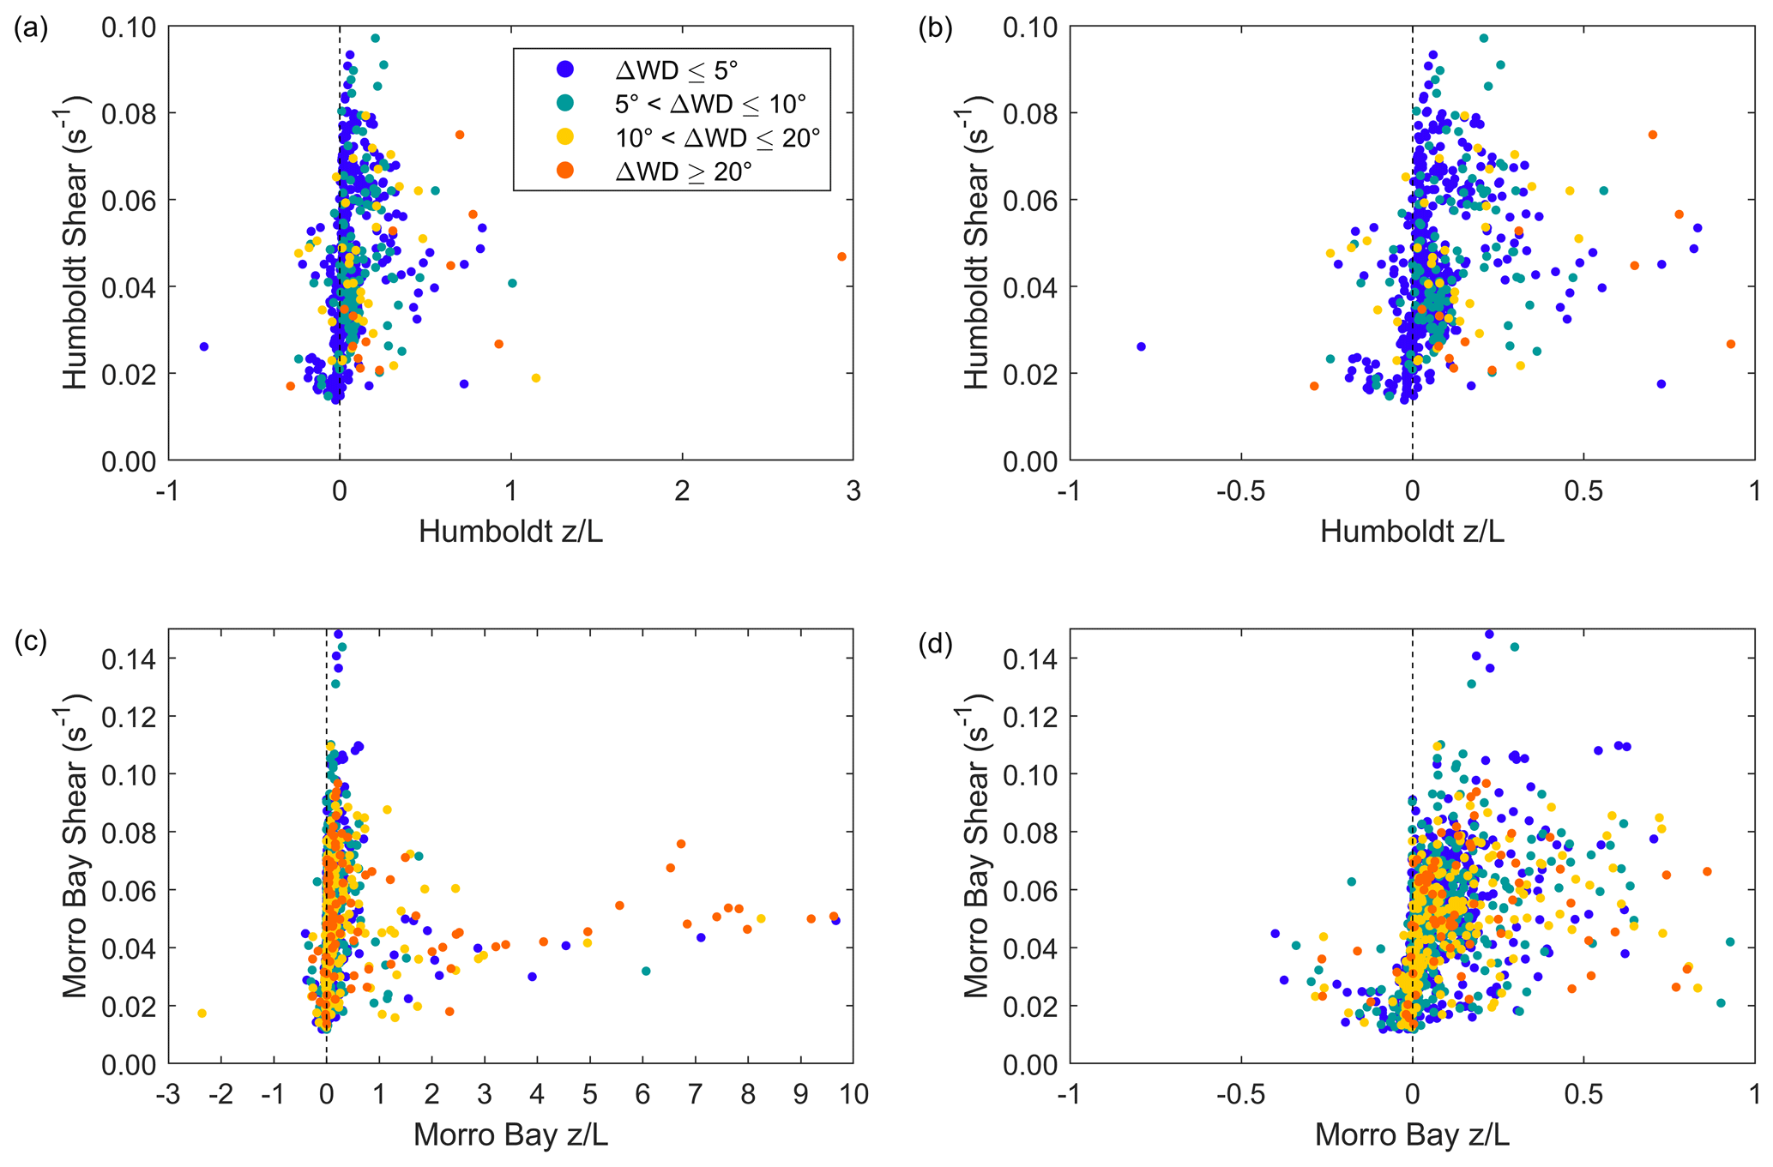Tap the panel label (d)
click(934, 643)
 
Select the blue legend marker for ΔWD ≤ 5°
click(566, 69)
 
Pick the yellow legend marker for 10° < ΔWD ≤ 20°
click(566, 137)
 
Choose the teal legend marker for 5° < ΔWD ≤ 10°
click(566, 104)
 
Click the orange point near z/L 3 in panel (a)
click(841, 256)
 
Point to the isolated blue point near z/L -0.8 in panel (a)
click(204, 346)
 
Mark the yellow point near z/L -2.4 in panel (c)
click(202, 1014)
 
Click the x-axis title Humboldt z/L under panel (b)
click(1412, 532)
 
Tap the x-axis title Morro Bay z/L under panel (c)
click(510, 1135)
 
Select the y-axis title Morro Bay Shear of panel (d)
click(977, 846)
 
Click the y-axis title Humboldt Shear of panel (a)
click(75, 243)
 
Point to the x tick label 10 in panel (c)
click(853, 1095)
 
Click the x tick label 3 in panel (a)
click(853, 491)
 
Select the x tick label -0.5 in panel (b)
click(1241, 491)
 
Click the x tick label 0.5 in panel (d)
click(1583, 1095)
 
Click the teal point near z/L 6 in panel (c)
click(646, 971)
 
